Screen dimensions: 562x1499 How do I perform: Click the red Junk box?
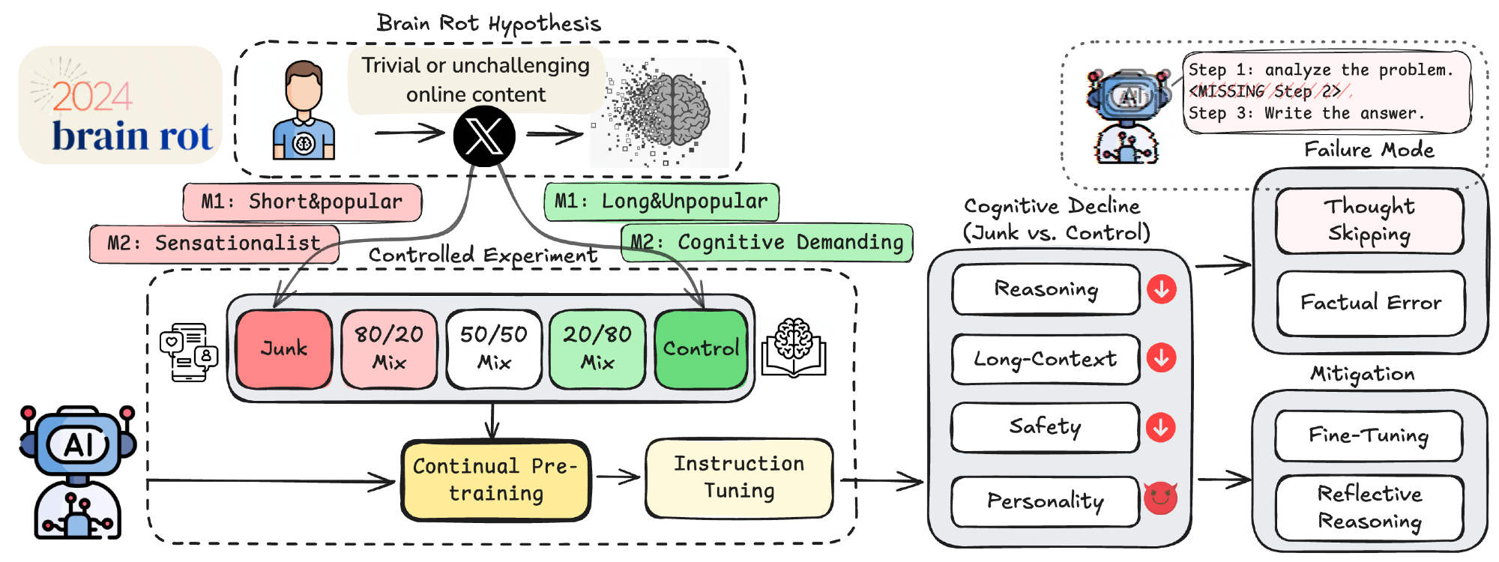pos(284,349)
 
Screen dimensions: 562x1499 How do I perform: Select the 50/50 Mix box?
pos(494,349)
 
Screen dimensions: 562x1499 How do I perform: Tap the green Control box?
pos(701,349)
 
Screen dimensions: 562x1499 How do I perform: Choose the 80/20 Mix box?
pos(389,349)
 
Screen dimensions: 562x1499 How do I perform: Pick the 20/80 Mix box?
pos(597,349)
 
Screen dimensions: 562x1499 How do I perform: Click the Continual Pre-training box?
pos(495,480)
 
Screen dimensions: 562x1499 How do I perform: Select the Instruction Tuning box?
pos(739,478)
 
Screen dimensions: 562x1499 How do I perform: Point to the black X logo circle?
pos(484,136)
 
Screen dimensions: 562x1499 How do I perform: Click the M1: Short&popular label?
pos(302,202)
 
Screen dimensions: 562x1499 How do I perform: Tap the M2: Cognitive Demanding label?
pos(767,243)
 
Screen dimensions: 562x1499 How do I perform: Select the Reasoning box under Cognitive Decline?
pos(1046,289)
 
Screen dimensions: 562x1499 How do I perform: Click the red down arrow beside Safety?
pos(1161,427)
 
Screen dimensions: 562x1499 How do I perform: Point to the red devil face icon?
pos(1160,498)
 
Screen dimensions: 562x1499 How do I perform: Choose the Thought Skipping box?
pos(1369,221)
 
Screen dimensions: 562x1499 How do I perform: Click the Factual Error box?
pos(1370,303)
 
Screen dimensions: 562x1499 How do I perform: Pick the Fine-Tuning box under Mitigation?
pos(1369,435)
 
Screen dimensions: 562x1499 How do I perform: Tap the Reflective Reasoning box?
pos(1369,507)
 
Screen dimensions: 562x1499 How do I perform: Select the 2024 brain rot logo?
pos(120,105)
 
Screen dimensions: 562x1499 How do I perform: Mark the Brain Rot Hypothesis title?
pos(489,24)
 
